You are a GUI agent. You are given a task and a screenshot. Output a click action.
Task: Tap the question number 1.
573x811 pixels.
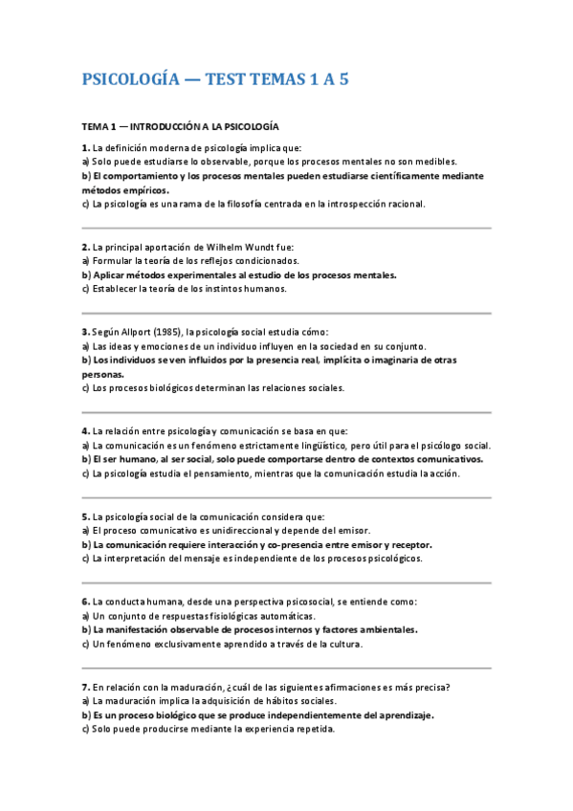(x=85, y=147)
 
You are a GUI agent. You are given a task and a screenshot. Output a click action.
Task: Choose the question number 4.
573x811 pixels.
(x=85, y=430)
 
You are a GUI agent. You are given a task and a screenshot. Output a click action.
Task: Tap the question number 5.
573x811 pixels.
(x=85, y=515)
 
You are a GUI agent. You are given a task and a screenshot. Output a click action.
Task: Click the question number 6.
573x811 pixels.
(x=85, y=601)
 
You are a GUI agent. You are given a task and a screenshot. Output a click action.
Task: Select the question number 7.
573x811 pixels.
(x=85, y=686)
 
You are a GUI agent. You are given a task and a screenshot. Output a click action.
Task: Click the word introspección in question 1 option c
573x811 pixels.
(x=334, y=204)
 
